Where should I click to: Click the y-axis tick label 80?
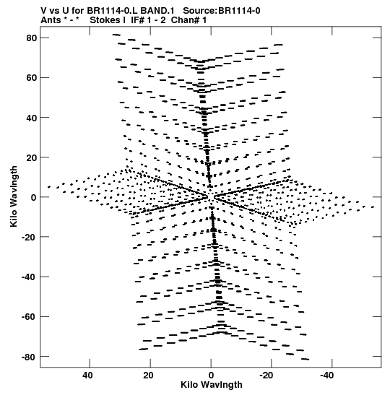point(32,38)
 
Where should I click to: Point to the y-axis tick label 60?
point(32,78)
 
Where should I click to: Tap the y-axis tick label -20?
point(29,237)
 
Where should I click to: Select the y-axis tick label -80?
point(29,357)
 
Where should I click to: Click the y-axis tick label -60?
point(29,317)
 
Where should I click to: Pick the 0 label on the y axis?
point(34,198)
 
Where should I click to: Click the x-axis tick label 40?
point(87,376)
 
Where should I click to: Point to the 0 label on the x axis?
point(211,376)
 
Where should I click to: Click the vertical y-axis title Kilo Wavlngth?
point(14,196)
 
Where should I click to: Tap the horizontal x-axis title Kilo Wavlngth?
point(212,385)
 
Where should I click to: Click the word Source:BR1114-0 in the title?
point(222,11)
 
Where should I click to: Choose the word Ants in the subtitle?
point(51,20)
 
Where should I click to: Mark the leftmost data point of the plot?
point(49,187)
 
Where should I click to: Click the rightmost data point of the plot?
point(373,207)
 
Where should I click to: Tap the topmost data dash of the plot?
point(116,35)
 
